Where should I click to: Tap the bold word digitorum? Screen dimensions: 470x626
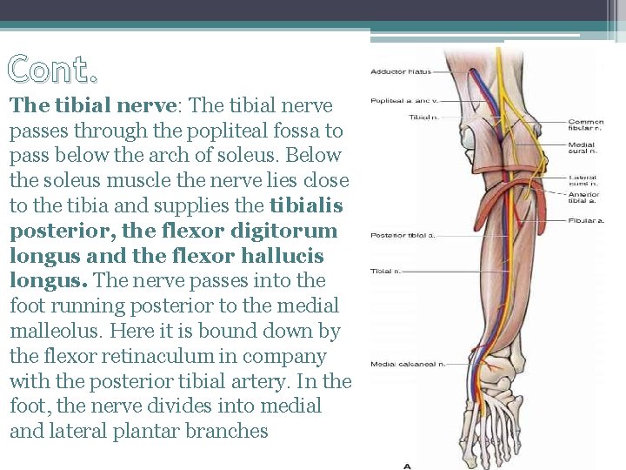[x=287, y=231]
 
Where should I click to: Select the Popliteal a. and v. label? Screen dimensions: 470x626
[x=403, y=101]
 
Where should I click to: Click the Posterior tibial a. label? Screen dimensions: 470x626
[x=403, y=235]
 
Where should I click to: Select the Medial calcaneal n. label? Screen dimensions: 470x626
[x=408, y=364]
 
